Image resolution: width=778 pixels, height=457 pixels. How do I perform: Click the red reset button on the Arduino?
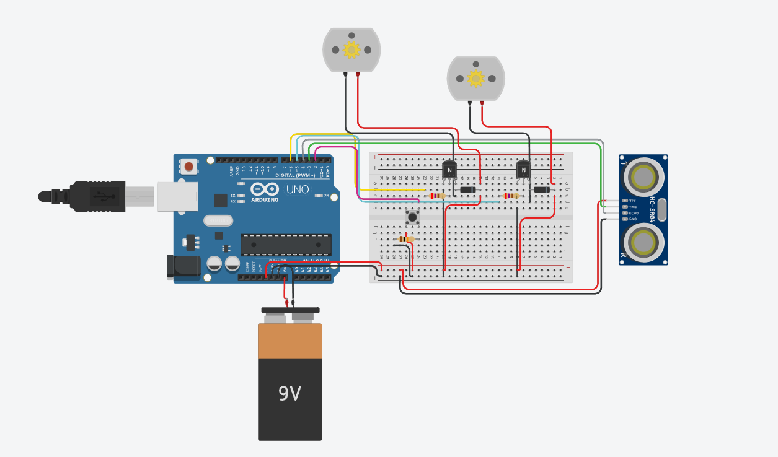tap(189, 166)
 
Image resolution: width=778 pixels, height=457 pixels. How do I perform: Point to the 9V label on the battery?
tap(290, 393)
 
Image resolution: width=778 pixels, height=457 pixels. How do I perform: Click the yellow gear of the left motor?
tap(351, 49)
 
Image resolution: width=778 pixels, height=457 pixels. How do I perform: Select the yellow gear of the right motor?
tap(475, 78)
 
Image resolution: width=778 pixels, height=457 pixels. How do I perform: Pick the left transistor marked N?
tap(449, 170)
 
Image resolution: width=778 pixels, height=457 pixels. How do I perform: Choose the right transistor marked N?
tap(524, 170)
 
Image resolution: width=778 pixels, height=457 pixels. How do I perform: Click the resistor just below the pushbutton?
tap(406, 238)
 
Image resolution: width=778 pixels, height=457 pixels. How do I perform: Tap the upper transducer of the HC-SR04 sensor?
tap(643, 178)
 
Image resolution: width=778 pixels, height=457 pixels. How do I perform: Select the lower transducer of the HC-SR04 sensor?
tap(643, 240)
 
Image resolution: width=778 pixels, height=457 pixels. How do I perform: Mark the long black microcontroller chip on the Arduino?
tap(285, 245)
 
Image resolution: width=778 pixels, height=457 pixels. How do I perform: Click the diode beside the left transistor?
tap(467, 189)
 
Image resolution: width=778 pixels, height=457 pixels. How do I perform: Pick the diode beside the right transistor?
tap(542, 189)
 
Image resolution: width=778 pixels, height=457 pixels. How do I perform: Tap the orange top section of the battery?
tap(290, 341)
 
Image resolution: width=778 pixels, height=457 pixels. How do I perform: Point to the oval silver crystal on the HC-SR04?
tap(661, 209)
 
